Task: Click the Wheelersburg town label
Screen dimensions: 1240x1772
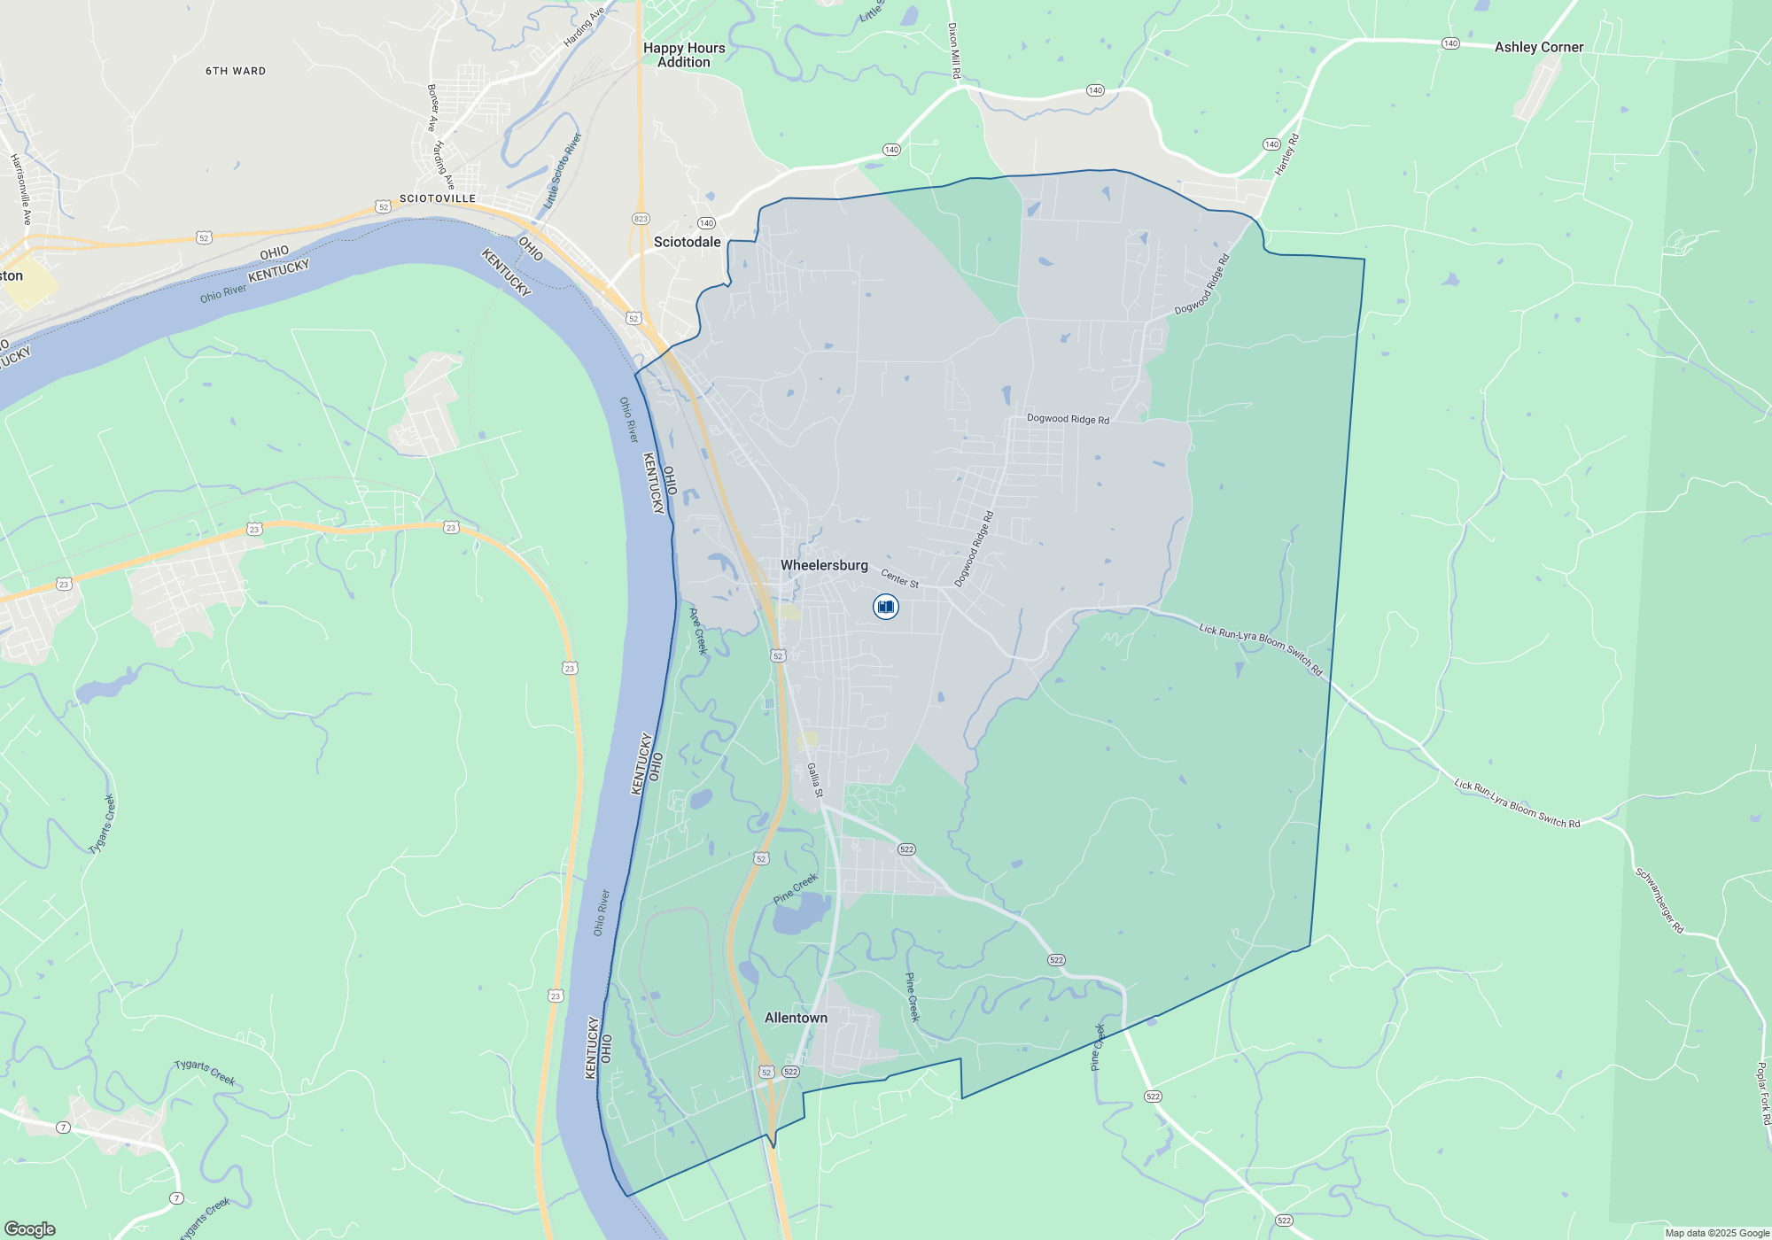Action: point(824,565)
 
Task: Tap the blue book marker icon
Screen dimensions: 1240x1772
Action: point(885,607)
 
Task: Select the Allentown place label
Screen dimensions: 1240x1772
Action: point(796,1018)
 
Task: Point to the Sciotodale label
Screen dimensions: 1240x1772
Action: point(687,242)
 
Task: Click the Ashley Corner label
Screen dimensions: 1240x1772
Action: point(1539,47)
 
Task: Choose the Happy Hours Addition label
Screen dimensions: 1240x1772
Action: point(684,55)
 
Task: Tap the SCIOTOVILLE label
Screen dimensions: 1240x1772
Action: point(438,198)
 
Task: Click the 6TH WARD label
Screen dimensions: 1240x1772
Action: point(236,71)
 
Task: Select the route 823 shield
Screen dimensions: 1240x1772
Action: point(641,219)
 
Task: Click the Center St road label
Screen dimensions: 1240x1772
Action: point(899,579)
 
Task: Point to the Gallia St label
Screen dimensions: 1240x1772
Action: point(815,779)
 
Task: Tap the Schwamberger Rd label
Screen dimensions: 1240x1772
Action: point(1659,900)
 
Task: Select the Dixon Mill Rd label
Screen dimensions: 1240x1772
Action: point(953,50)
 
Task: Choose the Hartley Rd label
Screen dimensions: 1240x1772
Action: point(1286,154)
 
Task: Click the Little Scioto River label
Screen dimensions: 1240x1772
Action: point(563,171)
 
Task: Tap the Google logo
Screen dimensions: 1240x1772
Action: point(30,1229)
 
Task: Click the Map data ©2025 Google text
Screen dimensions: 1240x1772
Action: point(1717,1233)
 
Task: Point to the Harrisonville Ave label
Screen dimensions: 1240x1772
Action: point(20,189)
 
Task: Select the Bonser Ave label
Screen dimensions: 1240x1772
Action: point(432,108)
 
